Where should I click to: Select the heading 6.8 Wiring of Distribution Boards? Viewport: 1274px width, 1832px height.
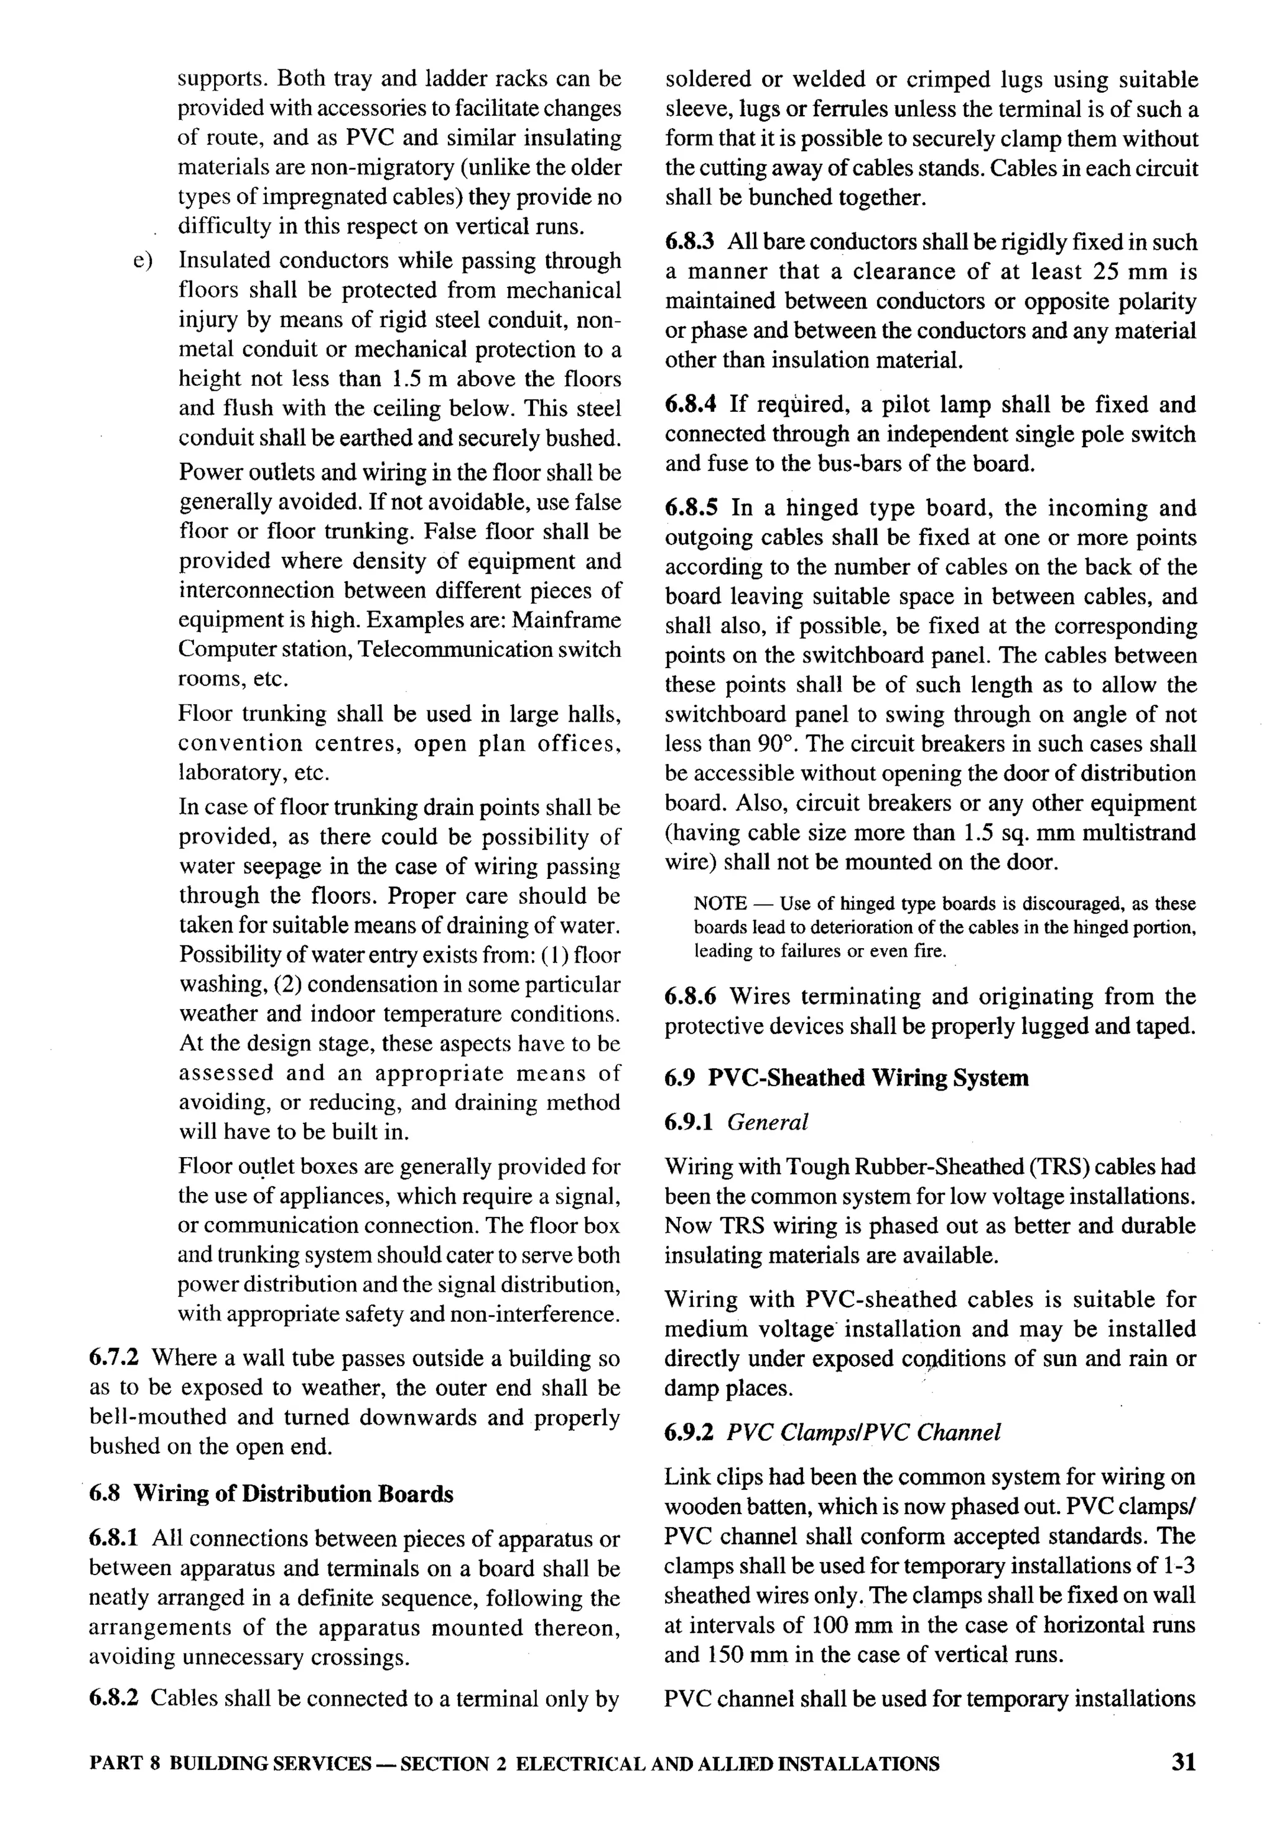[x=271, y=1494]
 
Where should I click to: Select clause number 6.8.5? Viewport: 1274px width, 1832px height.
[x=691, y=508]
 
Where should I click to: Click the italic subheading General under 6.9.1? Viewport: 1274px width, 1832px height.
[x=768, y=1123]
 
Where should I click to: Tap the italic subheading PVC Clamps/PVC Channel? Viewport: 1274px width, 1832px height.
[x=863, y=1433]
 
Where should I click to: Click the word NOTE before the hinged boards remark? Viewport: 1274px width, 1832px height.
[x=720, y=904]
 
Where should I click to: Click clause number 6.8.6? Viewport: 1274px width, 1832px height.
[x=691, y=997]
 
